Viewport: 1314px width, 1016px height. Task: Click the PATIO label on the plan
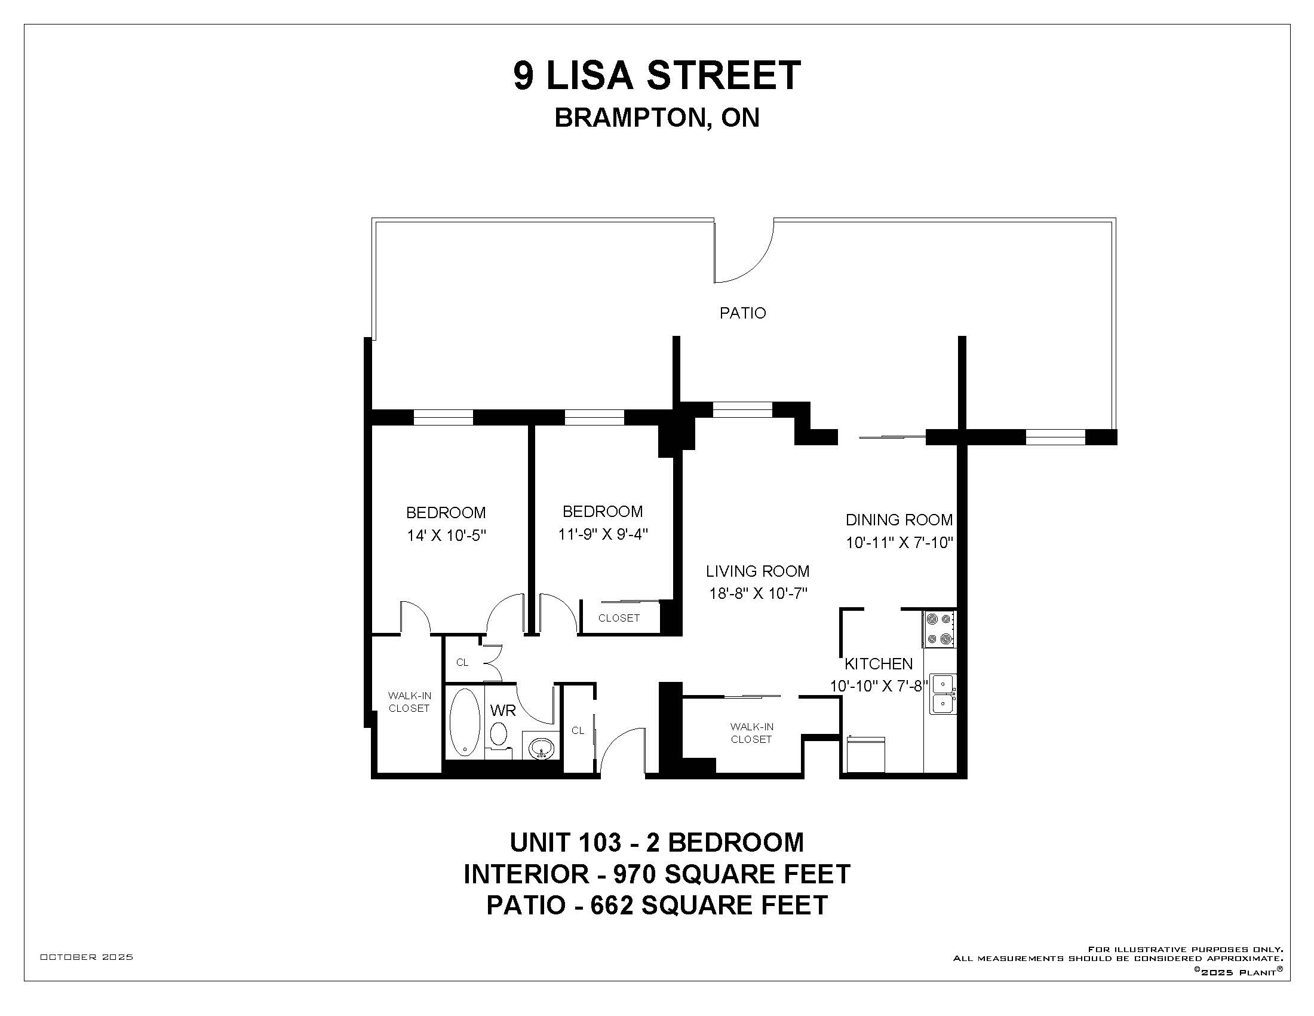click(x=742, y=313)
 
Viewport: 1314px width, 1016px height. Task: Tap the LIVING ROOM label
click(x=757, y=571)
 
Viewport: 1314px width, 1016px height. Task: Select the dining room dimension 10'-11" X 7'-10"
click(x=899, y=543)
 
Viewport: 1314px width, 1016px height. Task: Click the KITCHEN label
click(x=879, y=664)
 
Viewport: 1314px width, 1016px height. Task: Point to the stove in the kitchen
click(x=940, y=629)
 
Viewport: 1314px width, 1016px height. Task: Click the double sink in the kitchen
click(x=942, y=693)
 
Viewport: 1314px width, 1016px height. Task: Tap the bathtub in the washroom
click(x=465, y=723)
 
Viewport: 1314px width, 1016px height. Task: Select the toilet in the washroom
click(x=498, y=735)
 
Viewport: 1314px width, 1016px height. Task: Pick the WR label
click(x=503, y=710)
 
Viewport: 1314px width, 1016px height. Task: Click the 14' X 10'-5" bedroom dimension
click(x=446, y=535)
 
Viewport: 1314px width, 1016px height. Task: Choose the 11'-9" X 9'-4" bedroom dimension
click(x=602, y=534)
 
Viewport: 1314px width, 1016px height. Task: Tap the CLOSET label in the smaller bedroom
click(x=619, y=618)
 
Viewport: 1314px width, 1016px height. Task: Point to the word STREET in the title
click(x=724, y=76)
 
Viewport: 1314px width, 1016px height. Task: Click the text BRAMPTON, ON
click(x=657, y=118)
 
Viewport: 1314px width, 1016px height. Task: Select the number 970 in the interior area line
click(x=631, y=874)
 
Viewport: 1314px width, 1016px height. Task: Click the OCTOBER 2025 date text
click(x=87, y=957)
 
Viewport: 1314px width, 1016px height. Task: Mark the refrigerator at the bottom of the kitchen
click(x=866, y=755)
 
